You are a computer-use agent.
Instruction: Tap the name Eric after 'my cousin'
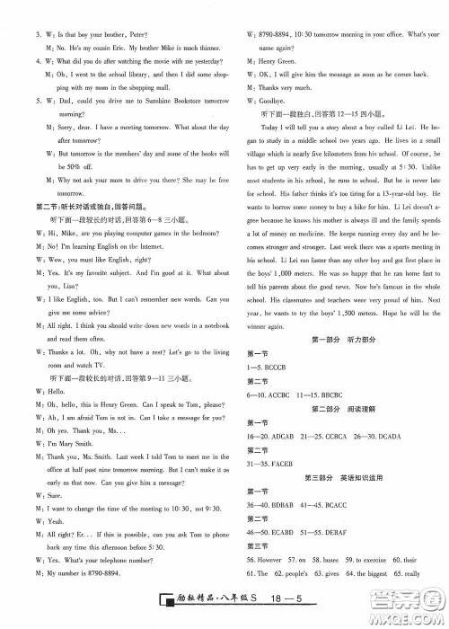pyautogui.click(x=120, y=29)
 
